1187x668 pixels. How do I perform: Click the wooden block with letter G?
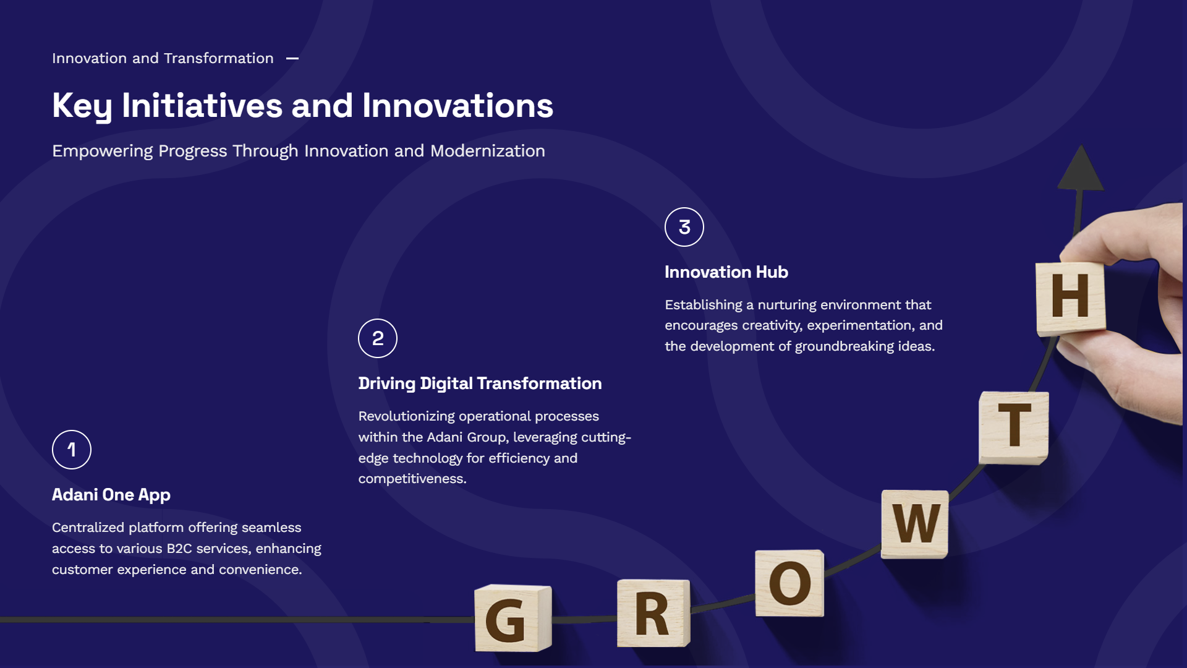point(513,618)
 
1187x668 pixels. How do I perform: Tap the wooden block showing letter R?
point(653,613)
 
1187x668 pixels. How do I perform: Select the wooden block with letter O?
point(789,583)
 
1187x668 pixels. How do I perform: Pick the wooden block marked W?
point(915,524)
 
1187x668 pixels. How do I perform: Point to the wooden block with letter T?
point(1014,427)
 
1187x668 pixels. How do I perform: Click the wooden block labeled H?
point(1071,298)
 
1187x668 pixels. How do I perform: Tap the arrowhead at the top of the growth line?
point(1081,168)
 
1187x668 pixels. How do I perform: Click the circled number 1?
point(72,450)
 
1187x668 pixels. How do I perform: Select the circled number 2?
point(378,338)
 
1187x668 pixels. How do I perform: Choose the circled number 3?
point(684,227)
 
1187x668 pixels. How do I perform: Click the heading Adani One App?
point(111,495)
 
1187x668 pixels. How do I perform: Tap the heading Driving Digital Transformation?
point(480,383)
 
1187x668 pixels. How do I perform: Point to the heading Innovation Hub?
point(726,272)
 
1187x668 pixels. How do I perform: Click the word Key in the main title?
point(82,106)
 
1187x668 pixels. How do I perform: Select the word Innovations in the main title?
point(457,106)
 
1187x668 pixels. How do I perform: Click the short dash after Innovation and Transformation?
point(292,59)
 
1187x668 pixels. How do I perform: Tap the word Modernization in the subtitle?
point(488,151)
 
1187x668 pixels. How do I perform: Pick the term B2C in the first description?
point(179,549)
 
